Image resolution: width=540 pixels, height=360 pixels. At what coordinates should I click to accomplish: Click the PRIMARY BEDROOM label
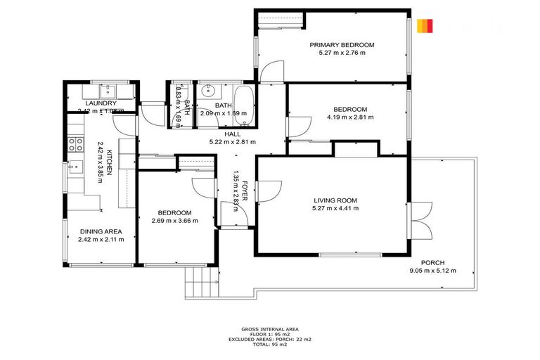pyautogui.click(x=342, y=44)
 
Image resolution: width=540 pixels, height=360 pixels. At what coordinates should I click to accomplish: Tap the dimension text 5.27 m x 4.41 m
pyautogui.click(x=335, y=209)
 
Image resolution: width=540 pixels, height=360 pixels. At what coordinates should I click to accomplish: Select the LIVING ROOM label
pyautogui.click(x=335, y=200)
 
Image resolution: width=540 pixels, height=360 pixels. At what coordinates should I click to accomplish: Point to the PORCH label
pyautogui.click(x=432, y=263)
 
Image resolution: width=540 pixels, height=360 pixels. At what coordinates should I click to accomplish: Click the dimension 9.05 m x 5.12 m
pyautogui.click(x=432, y=271)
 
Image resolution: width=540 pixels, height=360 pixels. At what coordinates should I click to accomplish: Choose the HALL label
pyautogui.click(x=232, y=134)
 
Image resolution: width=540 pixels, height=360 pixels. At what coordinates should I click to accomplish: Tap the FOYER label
pyautogui.click(x=245, y=188)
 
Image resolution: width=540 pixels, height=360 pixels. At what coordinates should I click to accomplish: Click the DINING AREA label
pyautogui.click(x=101, y=231)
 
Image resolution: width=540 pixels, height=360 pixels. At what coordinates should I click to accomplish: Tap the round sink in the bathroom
pyautogui.click(x=207, y=92)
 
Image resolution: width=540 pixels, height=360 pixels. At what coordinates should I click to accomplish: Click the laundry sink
pyautogui.click(x=109, y=90)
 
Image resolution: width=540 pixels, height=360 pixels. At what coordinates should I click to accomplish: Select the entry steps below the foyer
pyautogui.click(x=198, y=283)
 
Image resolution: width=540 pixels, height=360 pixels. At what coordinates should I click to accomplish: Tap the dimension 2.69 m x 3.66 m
pyautogui.click(x=174, y=221)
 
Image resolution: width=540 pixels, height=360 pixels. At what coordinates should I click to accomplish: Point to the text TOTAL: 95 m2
pyautogui.click(x=270, y=344)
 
